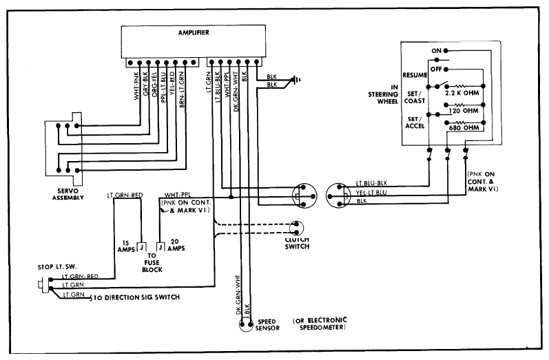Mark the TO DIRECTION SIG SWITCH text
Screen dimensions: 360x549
click(136, 297)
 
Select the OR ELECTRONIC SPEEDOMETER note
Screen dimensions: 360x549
click(320, 324)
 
